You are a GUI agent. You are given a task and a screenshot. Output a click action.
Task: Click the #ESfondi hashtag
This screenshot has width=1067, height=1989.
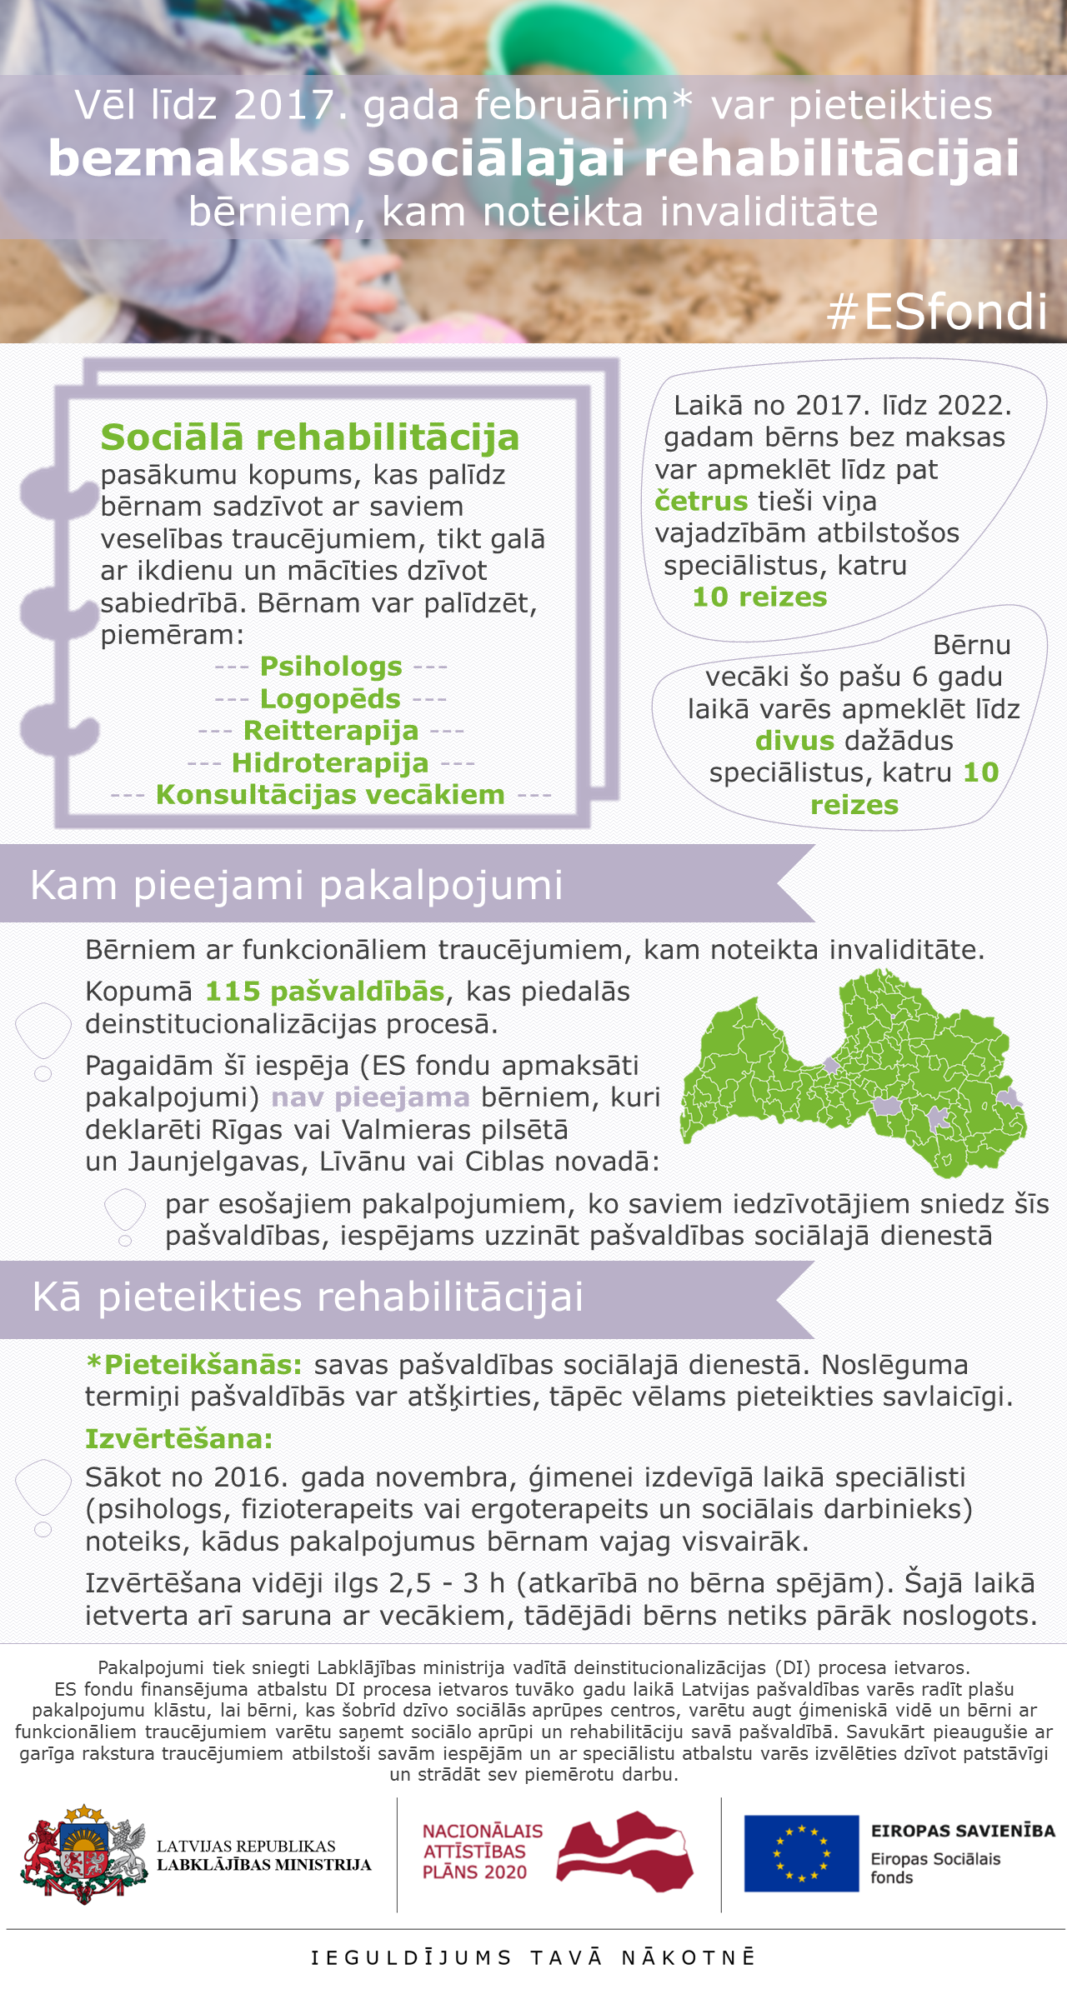(937, 312)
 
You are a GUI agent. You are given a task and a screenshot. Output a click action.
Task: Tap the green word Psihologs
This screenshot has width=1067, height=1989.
(331, 667)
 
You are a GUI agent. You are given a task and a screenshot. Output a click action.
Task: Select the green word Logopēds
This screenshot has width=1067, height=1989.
(330, 698)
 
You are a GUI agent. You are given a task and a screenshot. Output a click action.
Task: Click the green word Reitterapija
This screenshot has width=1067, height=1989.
(331, 731)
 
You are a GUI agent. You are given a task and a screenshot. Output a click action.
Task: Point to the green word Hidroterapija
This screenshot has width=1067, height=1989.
(330, 762)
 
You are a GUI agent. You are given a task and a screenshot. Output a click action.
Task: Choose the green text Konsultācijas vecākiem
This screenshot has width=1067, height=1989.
(330, 795)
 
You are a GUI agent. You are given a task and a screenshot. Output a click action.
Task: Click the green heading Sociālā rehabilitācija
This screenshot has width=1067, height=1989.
(309, 437)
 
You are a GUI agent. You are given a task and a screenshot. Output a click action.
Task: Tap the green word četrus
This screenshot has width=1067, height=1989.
(701, 502)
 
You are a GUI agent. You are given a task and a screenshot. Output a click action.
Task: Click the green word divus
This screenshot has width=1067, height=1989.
(794, 741)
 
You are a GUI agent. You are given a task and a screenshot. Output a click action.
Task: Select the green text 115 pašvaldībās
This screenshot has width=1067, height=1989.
(325, 992)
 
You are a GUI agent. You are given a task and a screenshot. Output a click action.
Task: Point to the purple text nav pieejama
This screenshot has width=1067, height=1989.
(370, 1097)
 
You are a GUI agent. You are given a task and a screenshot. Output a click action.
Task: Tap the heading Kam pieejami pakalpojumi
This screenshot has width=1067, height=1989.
(297, 885)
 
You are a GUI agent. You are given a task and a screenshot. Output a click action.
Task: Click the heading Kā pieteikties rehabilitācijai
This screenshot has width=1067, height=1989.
(308, 1297)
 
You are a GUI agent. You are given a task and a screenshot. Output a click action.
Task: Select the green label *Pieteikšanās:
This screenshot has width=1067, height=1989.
(194, 1365)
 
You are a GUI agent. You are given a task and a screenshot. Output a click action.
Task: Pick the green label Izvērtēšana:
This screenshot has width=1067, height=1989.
(179, 1438)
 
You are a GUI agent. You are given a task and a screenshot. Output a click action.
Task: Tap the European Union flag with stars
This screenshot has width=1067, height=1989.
(801, 1854)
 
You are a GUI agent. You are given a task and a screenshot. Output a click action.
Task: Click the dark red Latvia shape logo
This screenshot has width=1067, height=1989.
(625, 1852)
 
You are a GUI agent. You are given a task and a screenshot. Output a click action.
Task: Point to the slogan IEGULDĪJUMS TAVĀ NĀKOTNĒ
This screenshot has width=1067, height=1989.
(533, 1957)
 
